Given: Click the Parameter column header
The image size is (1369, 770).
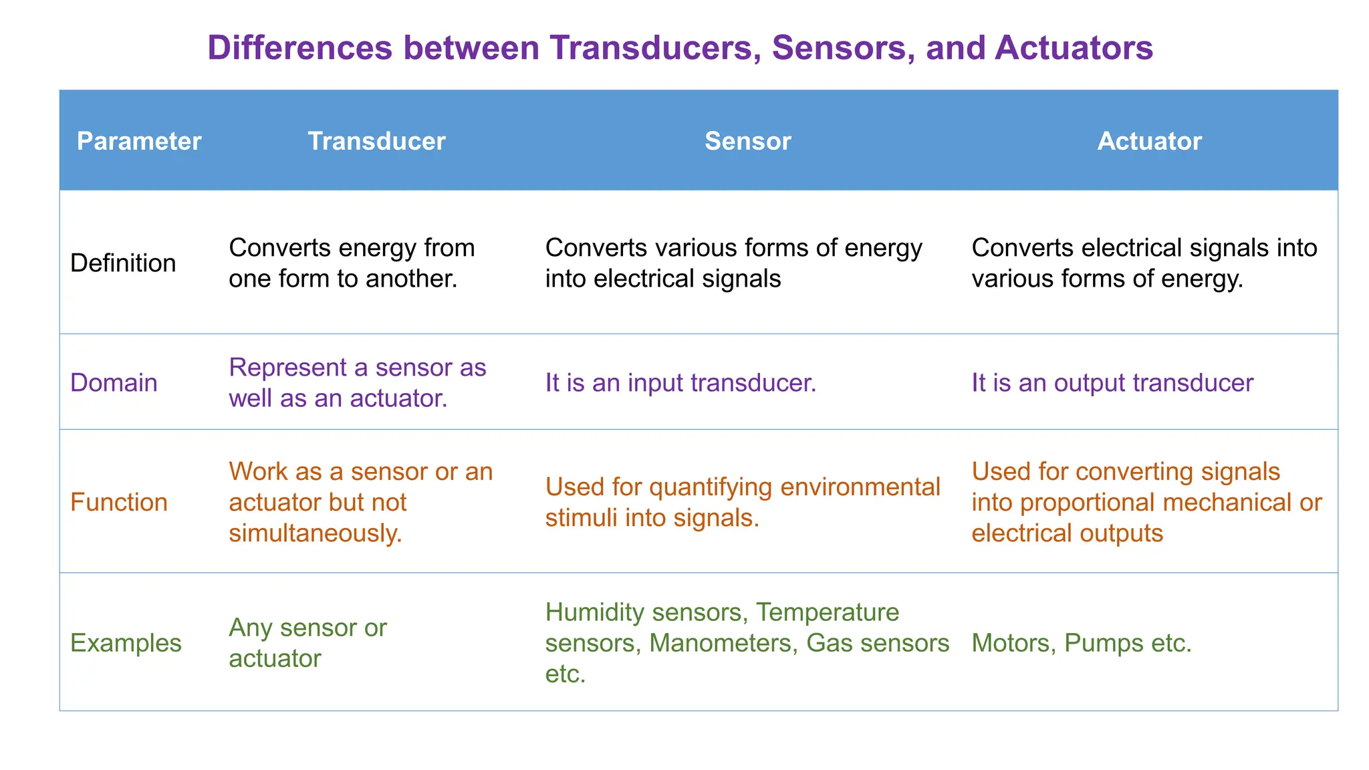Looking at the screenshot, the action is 139,141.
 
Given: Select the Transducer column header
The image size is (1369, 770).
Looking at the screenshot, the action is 376,141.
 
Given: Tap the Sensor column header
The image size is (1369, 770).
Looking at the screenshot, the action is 747,141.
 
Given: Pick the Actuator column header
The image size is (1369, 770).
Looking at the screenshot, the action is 1149,141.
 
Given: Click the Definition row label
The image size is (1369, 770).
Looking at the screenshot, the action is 123,263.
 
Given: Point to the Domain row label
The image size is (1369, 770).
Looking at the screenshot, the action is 114,383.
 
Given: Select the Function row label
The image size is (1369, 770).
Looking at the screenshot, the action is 118,503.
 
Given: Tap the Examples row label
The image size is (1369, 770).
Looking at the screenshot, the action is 126,643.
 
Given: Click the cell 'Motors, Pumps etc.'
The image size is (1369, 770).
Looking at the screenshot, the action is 1081,643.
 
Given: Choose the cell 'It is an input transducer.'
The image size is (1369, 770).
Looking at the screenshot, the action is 680,383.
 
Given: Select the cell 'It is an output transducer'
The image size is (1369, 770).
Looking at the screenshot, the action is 1112,383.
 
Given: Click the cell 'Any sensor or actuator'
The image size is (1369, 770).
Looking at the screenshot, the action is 307,643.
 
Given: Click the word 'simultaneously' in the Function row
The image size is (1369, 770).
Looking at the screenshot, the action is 313,533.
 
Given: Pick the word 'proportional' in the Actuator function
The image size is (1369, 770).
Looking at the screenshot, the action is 1099,503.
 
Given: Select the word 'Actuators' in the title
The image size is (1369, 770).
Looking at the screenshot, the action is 1074,48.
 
